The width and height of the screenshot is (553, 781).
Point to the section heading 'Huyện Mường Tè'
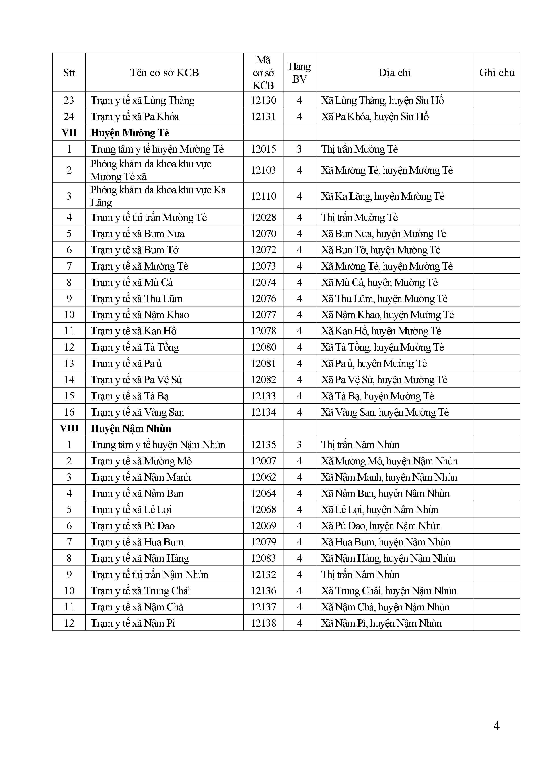[x=130, y=133]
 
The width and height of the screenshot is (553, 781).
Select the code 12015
[x=263, y=149]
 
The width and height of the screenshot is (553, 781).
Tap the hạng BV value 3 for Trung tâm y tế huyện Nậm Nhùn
[x=299, y=445]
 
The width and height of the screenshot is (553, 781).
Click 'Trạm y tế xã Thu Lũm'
[x=137, y=298]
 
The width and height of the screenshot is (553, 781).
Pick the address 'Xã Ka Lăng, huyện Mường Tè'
[x=383, y=196]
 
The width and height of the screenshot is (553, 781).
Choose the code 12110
[x=263, y=196]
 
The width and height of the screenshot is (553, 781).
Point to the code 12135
[x=263, y=445]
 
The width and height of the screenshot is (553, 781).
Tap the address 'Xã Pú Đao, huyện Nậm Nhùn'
[x=381, y=526]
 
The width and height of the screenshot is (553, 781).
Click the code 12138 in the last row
[x=263, y=623]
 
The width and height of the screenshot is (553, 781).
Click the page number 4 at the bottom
[x=496, y=726]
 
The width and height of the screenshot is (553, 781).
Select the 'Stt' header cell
[x=69, y=72]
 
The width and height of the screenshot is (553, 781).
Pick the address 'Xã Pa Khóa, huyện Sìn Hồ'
[x=374, y=116]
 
